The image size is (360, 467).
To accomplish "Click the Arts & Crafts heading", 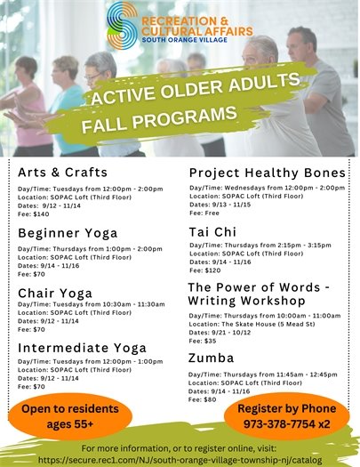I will pos(62,172).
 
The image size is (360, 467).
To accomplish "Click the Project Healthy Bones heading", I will pos(267,172).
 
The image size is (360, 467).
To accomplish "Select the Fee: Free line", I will pos(206,213).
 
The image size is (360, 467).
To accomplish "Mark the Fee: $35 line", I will pos(204,341).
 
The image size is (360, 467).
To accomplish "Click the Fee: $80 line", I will pos(204,399).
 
